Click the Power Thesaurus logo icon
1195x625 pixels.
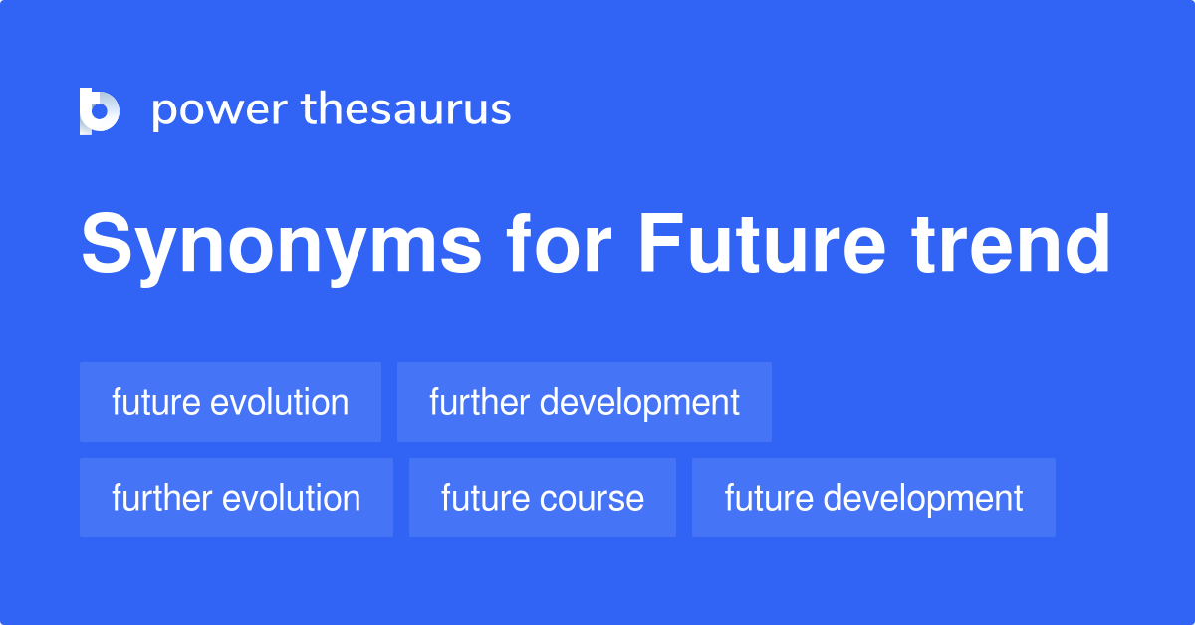[100, 110]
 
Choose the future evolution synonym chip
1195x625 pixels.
[230, 402]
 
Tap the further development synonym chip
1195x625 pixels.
[585, 402]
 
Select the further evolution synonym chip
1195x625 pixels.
[236, 498]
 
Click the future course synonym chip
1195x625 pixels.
[543, 498]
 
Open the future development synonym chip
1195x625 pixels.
[873, 498]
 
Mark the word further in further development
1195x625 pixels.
[480, 402]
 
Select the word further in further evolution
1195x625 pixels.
[162, 498]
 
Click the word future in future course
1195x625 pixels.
[485, 498]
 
